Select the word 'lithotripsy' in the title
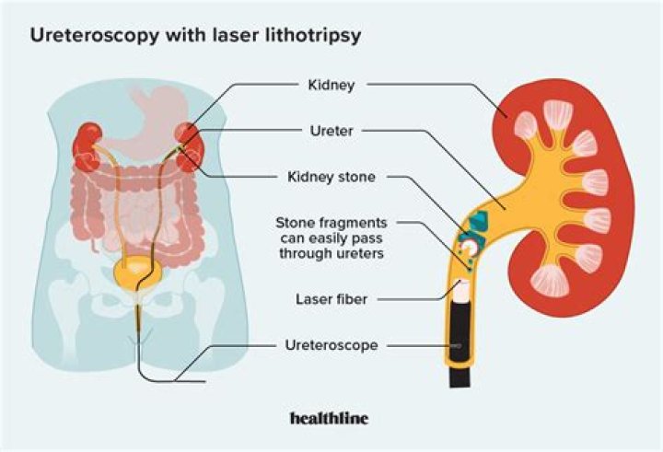(x=313, y=38)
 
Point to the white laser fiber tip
(x=459, y=292)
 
